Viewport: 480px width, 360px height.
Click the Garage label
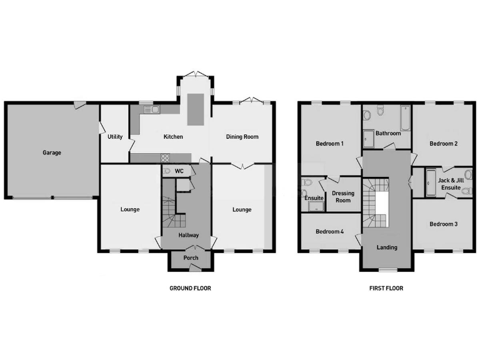tap(52, 152)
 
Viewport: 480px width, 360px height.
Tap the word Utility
tap(115, 137)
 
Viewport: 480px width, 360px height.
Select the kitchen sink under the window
tap(151, 110)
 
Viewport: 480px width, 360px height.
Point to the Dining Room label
tap(242, 137)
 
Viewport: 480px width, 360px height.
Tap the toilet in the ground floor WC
tap(167, 171)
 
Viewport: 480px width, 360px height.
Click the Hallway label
tap(189, 236)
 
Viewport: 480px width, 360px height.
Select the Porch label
tap(191, 258)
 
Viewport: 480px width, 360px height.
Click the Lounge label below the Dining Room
tap(242, 209)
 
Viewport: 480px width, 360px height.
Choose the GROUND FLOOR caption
tap(190, 289)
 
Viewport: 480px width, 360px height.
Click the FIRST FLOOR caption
tap(386, 289)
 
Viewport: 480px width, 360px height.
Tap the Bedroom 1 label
tap(329, 144)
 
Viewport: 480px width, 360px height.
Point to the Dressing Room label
tap(343, 197)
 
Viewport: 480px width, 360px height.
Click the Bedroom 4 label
tap(329, 232)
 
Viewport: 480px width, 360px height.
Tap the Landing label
tap(387, 247)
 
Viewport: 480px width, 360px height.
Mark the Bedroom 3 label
tap(443, 224)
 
